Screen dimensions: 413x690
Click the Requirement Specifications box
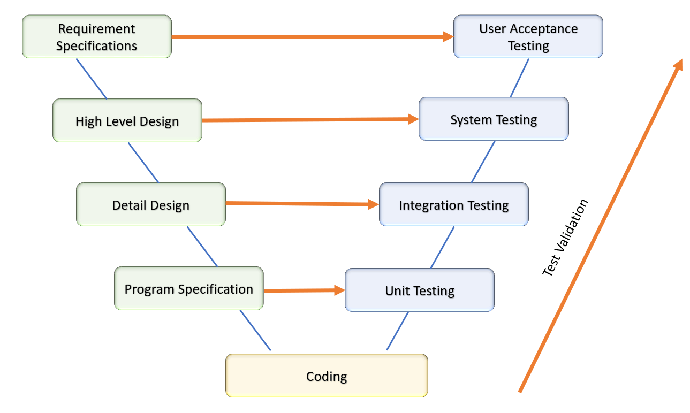point(96,36)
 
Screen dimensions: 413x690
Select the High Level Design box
point(127,120)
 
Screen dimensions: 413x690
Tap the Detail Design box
point(150,204)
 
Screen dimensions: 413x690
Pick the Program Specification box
point(188,288)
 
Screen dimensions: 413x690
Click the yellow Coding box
point(326,376)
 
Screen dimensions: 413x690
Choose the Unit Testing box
point(419,290)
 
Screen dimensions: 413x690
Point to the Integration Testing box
point(453,204)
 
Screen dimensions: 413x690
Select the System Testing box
point(493,119)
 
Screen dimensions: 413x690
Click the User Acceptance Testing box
point(528,36)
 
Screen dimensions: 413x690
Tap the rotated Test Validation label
point(565,238)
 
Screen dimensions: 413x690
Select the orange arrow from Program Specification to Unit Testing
point(303,290)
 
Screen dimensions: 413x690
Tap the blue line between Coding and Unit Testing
point(397,331)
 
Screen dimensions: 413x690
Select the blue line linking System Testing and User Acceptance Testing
point(519,78)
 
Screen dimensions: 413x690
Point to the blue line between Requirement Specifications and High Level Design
point(92,79)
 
